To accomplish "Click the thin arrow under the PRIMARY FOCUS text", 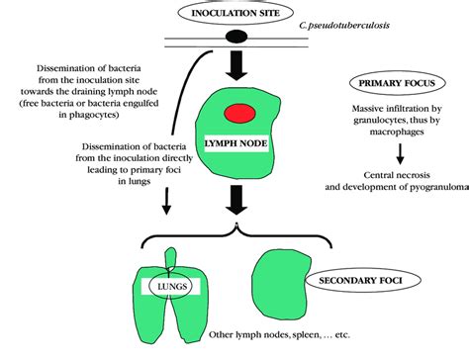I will [399, 154].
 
